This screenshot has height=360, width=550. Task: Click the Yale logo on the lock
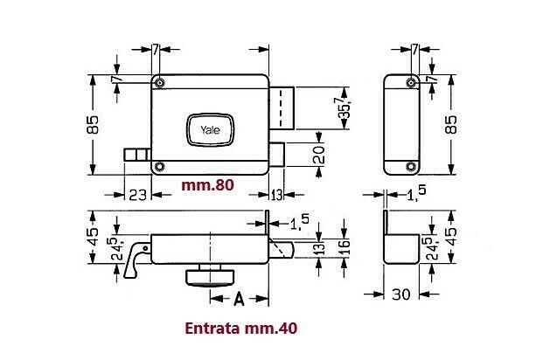point(211,129)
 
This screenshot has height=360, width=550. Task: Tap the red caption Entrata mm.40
point(241,329)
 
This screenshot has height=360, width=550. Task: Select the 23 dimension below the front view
point(137,194)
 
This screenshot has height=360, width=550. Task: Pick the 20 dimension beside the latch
point(317,156)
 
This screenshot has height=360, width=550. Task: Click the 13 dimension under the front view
point(276,194)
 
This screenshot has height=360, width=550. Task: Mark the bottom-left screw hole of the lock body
point(159,166)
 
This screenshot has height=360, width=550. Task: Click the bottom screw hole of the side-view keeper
point(408,166)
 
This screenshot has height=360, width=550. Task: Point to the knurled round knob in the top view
point(210,277)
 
